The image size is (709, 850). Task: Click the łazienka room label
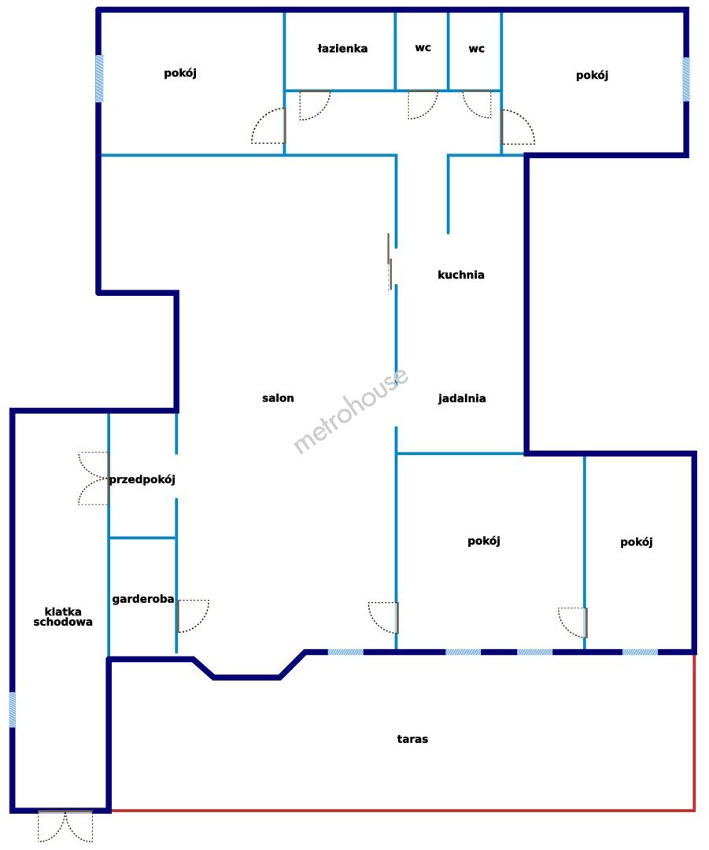(342, 48)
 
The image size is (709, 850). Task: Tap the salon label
(278, 398)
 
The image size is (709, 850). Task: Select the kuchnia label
(461, 275)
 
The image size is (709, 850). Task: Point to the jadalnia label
(462, 398)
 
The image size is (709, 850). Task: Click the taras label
(412, 739)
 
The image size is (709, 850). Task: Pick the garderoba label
(143, 599)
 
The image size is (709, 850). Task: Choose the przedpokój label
(142, 479)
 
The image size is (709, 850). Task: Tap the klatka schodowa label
(63, 617)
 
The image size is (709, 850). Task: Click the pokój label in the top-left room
(180, 73)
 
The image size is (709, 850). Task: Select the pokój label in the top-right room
(592, 76)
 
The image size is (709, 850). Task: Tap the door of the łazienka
(315, 105)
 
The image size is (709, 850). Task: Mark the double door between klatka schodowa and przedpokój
(94, 479)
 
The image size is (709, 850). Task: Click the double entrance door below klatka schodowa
(65, 826)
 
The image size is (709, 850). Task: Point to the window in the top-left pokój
(99, 79)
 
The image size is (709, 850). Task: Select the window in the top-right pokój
(685, 79)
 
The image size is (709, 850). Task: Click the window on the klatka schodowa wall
(12, 710)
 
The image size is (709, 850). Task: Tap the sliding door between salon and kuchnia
(390, 263)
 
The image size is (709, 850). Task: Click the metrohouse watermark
(351, 410)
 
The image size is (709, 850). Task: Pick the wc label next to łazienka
(423, 48)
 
